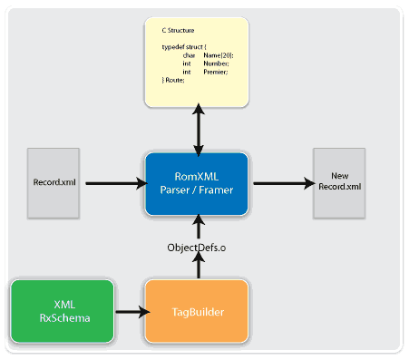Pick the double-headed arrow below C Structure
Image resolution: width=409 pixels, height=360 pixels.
(x=196, y=127)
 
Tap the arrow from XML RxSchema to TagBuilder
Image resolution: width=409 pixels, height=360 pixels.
(x=129, y=312)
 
